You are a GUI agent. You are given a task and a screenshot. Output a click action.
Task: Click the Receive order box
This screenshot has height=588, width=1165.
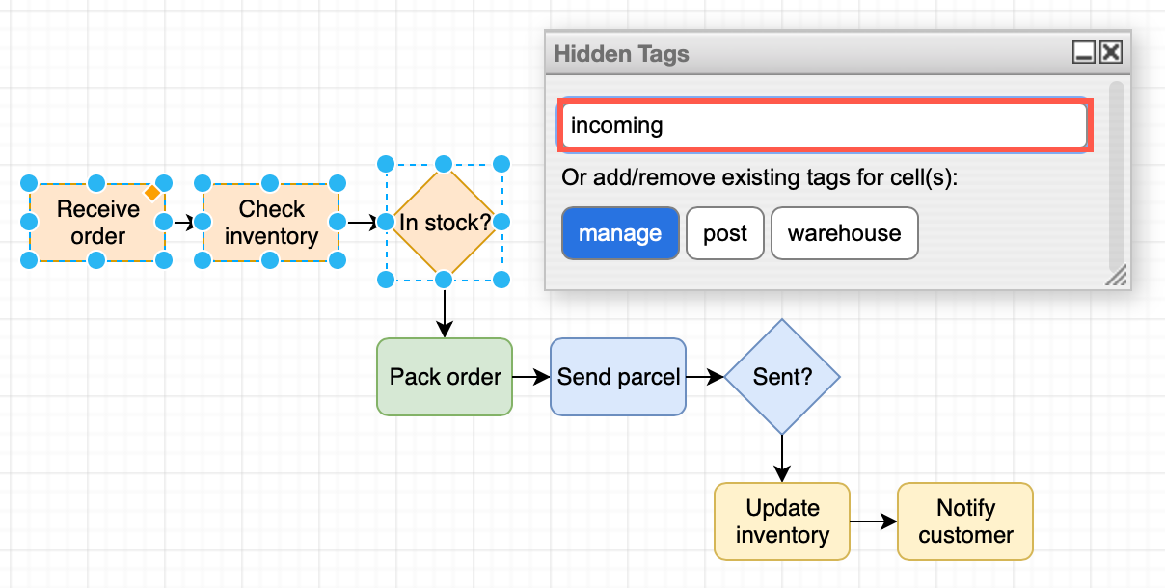(96, 223)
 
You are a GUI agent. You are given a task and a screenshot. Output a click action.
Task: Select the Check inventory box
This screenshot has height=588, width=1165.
(271, 223)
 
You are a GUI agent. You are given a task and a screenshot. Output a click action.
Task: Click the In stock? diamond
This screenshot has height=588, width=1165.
(444, 223)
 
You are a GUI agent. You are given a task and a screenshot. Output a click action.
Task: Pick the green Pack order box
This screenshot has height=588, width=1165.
(445, 377)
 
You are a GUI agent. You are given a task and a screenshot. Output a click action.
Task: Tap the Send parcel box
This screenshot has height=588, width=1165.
(618, 377)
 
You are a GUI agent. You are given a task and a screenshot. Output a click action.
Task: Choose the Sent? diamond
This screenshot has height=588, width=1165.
(782, 377)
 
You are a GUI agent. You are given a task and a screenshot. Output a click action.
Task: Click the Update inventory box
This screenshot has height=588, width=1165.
(782, 521)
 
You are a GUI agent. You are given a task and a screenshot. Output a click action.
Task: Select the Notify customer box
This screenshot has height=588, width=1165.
(965, 521)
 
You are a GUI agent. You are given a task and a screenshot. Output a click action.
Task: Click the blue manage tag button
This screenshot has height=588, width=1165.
(620, 233)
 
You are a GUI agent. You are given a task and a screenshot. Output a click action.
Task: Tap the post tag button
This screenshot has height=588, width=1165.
(725, 233)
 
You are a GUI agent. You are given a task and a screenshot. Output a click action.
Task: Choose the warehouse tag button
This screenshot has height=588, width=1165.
(844, 233)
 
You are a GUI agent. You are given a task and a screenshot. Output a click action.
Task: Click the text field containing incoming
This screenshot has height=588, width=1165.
(825, 125)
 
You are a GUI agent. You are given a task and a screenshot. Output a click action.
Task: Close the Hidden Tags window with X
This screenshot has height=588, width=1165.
(1111, 53)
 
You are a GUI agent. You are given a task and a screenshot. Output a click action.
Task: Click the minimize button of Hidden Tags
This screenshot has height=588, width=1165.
(1084, 53)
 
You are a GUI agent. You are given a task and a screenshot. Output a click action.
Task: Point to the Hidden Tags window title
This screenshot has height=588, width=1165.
(622, 54)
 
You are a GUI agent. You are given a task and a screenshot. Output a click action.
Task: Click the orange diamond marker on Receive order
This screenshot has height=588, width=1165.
(151, 193)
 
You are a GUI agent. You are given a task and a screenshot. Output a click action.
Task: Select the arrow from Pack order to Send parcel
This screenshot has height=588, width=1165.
(530, 377)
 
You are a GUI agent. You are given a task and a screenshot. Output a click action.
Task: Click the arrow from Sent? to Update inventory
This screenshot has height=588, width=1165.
(782, 458)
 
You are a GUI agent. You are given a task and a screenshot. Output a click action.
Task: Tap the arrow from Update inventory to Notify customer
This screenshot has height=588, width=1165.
(874, 521)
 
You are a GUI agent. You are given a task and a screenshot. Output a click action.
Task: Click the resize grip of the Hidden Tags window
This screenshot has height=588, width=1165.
(1116, 278)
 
